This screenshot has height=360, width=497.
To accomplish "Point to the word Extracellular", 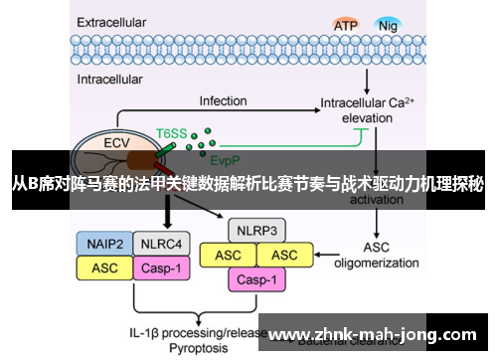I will tap(119, 19).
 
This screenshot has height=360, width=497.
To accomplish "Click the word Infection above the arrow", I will tap(223, 100).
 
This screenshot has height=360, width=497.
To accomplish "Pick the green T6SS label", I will tap(170, 131).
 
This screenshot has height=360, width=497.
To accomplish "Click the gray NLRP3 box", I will tap(255, 231).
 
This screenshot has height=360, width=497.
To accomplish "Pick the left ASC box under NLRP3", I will tap(228, 256).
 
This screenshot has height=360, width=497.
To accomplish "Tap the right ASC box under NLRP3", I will tap(283, 256).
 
